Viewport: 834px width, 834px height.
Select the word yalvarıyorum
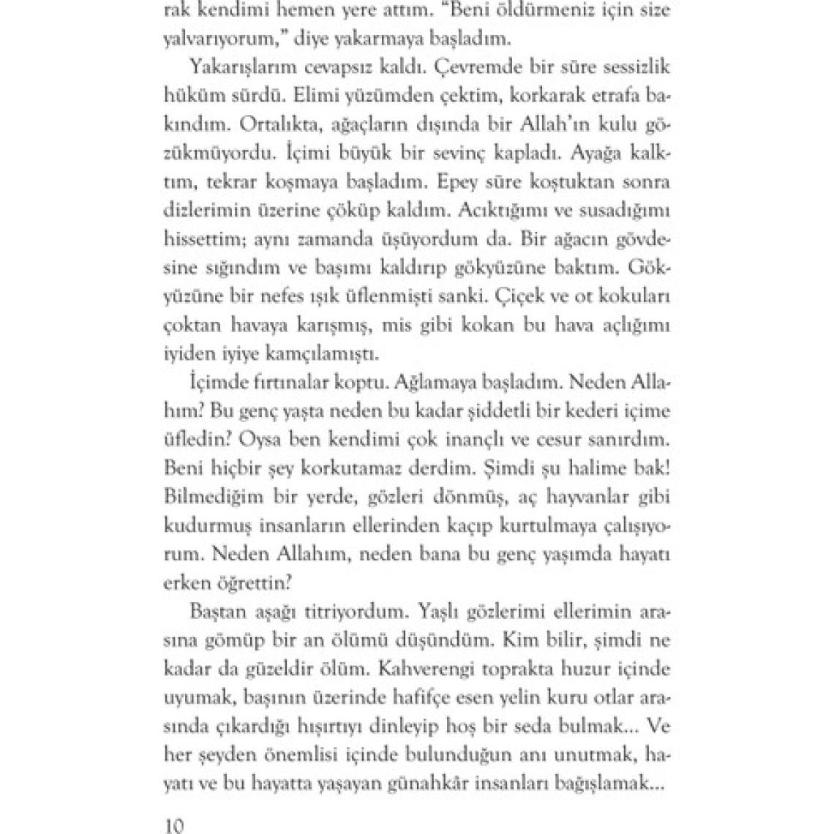213,38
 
